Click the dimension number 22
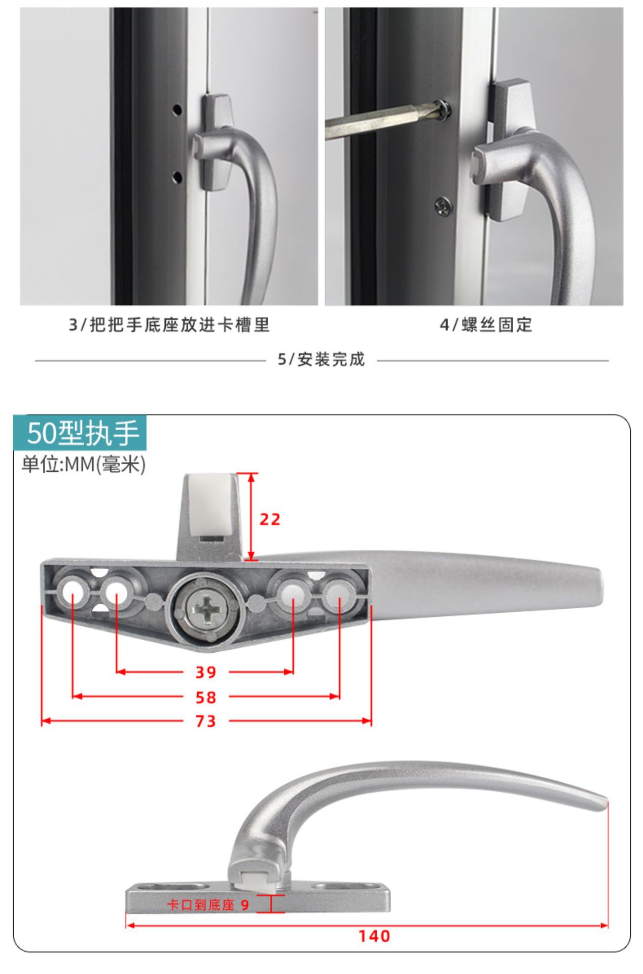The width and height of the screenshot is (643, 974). tap(270, 519)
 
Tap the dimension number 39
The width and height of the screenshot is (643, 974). tap(206, 673)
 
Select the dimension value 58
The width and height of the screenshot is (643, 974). tap(206, 698)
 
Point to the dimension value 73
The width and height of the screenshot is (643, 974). tap(206, 721)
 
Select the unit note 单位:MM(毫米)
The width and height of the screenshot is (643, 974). tap(84, 464)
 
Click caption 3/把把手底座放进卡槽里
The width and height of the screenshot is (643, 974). tap(169, 325)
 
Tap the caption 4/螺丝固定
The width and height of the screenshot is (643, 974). tap(486, 325)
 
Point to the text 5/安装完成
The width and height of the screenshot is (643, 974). tap(321, 360)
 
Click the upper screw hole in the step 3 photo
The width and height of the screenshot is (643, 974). tap(177, 109)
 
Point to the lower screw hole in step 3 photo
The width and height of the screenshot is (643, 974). tap(177, 177)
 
